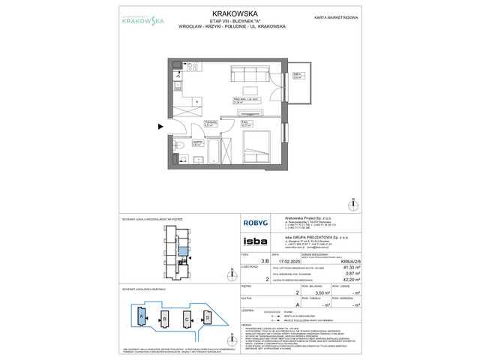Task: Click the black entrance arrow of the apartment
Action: point(161,126)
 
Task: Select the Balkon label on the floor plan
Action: point(297,75)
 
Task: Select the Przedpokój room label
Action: point(211,121)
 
